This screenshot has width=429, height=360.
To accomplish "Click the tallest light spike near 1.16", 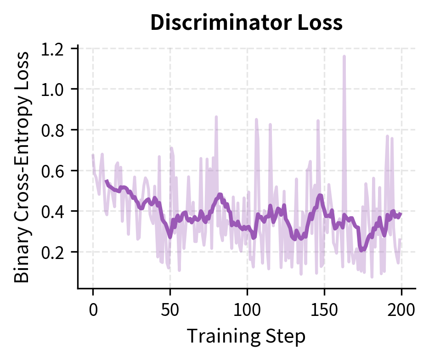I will pyautogui.click(x=344, y=56).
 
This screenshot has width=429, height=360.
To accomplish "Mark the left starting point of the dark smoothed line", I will pyautogui.click(x=106, y=181).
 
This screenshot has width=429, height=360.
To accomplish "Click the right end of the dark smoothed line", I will pyautogui.click(x=401, y=214).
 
